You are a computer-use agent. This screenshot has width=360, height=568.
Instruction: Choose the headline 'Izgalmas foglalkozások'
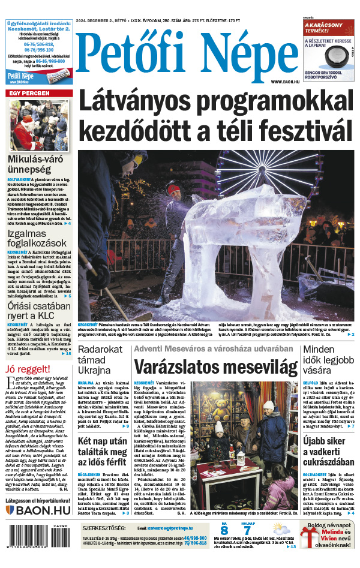pyautogui.click(x=36, y=238)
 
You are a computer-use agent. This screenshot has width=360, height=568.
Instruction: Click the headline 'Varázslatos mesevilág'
pyautogui.click(x=215, y=366)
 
